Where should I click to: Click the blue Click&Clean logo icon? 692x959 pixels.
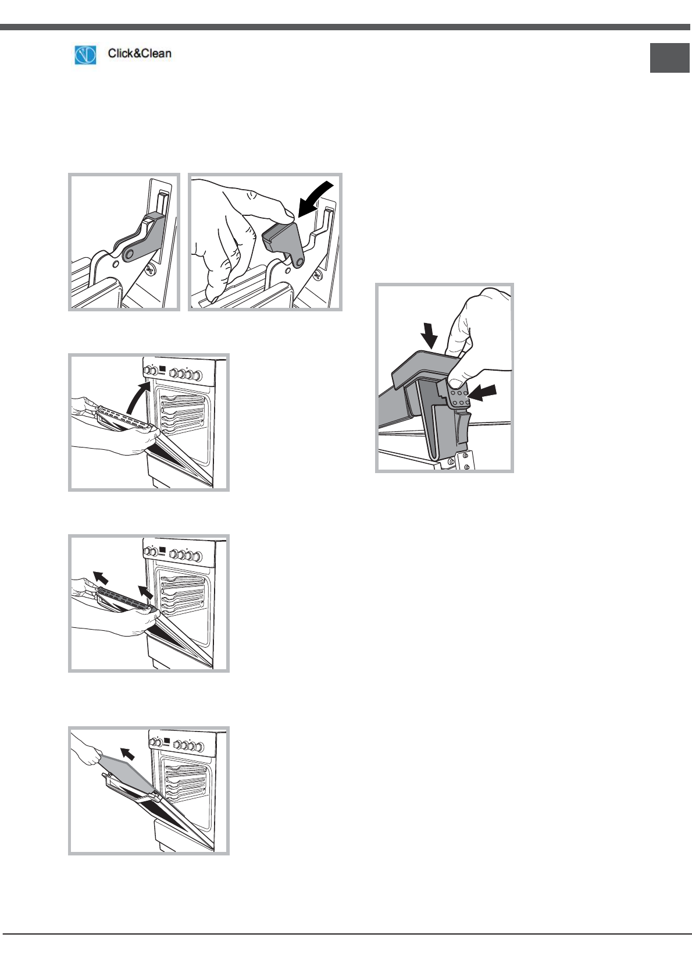coord(85,55)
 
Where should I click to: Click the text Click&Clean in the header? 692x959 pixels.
coord(140,54)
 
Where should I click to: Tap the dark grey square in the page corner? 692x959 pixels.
coord(670,58)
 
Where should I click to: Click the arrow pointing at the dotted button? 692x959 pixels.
coord(482,393)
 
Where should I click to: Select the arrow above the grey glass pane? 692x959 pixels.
coord(127,753)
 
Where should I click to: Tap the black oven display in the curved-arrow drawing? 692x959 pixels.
coord(162,368)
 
